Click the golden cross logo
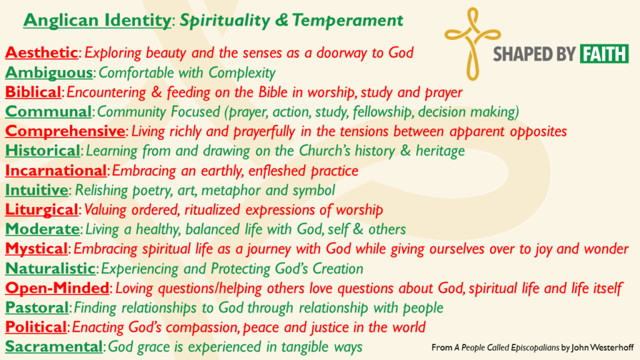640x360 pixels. (472, 43)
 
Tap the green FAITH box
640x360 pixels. (604, 54)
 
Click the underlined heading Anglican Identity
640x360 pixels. (97, 21)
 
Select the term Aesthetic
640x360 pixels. (41, 52)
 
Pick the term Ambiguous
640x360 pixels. (49, 72)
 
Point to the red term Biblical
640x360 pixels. (33, 92)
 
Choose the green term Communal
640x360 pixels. (48, 111)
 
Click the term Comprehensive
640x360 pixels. (65, 131)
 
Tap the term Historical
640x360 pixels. (42, 151)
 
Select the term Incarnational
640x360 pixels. (56, 170)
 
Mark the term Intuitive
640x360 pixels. (36, 190)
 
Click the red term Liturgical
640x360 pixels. (41, 210)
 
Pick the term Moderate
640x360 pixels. (42, 229)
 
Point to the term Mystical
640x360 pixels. (36, 249)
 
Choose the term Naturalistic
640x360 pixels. (50, 268)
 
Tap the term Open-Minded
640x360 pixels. (57, 287)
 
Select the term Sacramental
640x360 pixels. (54, 346)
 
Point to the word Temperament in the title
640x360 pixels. (347, 21)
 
